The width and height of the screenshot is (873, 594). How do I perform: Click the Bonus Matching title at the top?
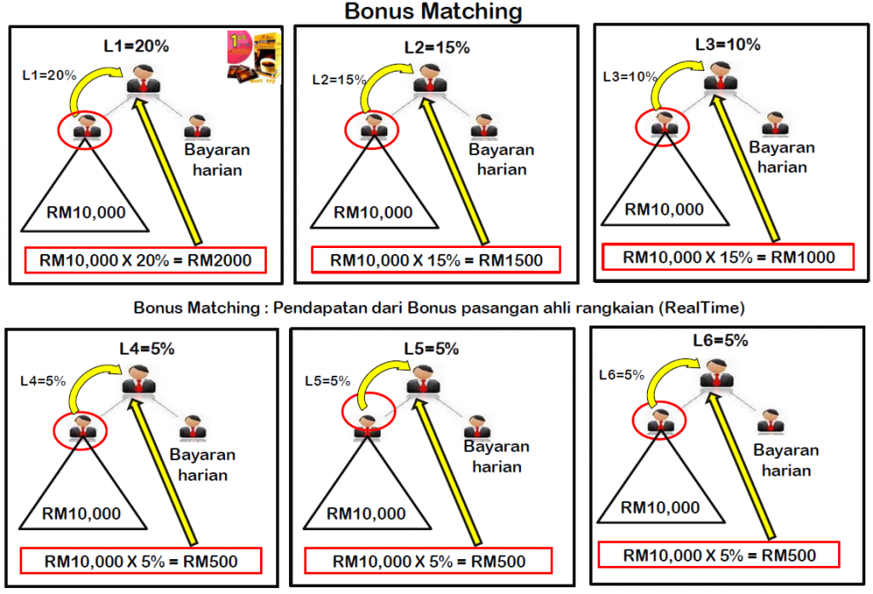433,12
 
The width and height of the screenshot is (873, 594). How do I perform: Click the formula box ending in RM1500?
436,260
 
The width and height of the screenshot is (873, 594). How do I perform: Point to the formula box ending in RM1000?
726,257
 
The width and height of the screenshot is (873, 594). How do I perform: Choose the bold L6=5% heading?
720,341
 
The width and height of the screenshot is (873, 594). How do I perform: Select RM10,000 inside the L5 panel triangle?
367,514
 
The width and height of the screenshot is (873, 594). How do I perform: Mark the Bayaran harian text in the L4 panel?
197,464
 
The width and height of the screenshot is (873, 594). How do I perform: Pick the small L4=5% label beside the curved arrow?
43,381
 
